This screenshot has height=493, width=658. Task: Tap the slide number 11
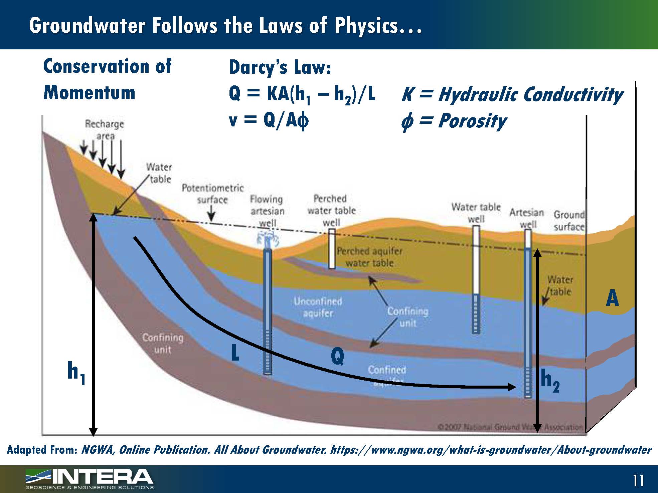click(638, 481)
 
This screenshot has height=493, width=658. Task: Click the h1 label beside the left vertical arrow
click(76, 373)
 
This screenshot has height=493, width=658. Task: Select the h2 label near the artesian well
click(550, 381)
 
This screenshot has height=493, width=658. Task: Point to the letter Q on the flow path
click(337, 356)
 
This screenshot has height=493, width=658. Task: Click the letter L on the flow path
click(235, 353)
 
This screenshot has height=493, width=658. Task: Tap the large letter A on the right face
click(612, 298)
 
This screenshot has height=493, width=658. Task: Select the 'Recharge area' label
click(105, 130)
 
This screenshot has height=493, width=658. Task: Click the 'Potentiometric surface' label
click(212, 194)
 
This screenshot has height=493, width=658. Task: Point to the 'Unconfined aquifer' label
click(318, 307)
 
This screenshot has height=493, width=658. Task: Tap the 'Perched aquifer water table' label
click(369, 257)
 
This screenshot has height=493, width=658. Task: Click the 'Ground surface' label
click(569, 221)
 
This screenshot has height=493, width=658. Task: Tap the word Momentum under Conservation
click(90, 92)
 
